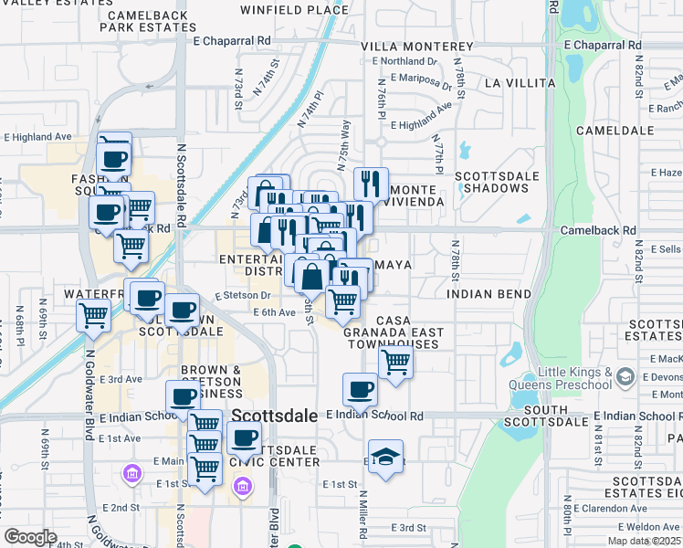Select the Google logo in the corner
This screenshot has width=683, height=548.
click(x=30, y=537)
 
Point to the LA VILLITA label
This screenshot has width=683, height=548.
click(x=520, y=82)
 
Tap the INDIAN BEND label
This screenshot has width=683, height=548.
click(x=489, y=295)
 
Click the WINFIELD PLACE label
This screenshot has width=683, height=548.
click(x=281, y=10)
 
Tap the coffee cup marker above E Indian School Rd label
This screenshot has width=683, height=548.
click(x=359, y=389)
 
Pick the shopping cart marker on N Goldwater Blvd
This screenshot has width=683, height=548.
click(x=93, y=315)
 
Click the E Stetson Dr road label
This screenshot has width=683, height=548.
click(x=242, y=295)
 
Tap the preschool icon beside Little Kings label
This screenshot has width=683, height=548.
click(x=625, y=376)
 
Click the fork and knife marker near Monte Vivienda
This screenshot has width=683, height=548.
click(x=371, y=183)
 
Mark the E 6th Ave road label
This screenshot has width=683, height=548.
click(x=274, y=312)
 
